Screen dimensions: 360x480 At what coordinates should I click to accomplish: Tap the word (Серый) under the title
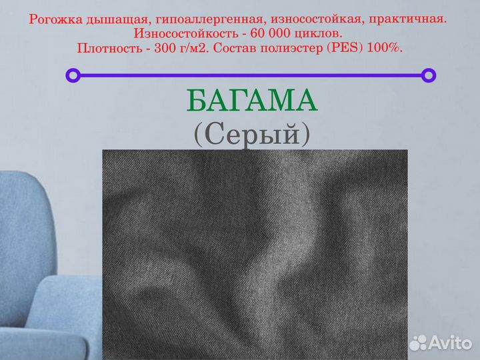pyautogui.click(x=252, y=135)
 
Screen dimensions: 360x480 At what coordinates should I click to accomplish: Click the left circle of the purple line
pyautogui.click(x=73, y=75)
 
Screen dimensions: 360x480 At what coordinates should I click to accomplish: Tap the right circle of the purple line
pyautogui.click(x=429, y=75)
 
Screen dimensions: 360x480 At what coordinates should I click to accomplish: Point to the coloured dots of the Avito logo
pyautogui.click(x=418, y=343)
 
